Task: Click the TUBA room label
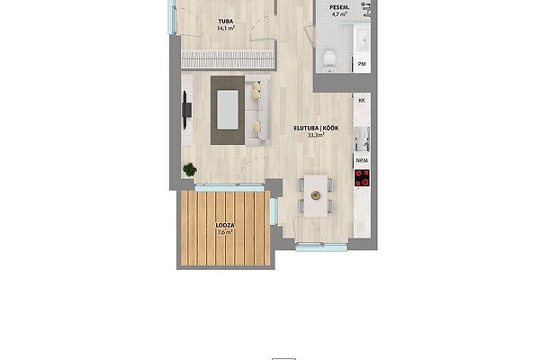[226, 22]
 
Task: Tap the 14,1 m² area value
[226, 29]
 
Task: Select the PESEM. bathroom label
[340, 7]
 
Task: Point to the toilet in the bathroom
[329, 60]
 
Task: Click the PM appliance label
[362, 64]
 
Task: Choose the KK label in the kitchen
[362, 101]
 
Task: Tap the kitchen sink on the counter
[363, 139]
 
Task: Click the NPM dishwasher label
[362, 160]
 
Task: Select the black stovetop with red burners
[363, 178]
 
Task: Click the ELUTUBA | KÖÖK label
[316, 128]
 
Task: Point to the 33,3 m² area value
[316, 135]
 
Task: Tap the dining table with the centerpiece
[316, 195]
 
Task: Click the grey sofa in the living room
[257, 110]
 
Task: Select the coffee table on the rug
[228, 110]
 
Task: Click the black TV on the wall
[186, 110]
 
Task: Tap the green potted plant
[190, 169]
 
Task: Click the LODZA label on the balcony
[225, 226]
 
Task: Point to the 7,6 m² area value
[225, 232]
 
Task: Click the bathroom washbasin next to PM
[362, 40]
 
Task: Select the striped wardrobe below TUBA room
[228, 58]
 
